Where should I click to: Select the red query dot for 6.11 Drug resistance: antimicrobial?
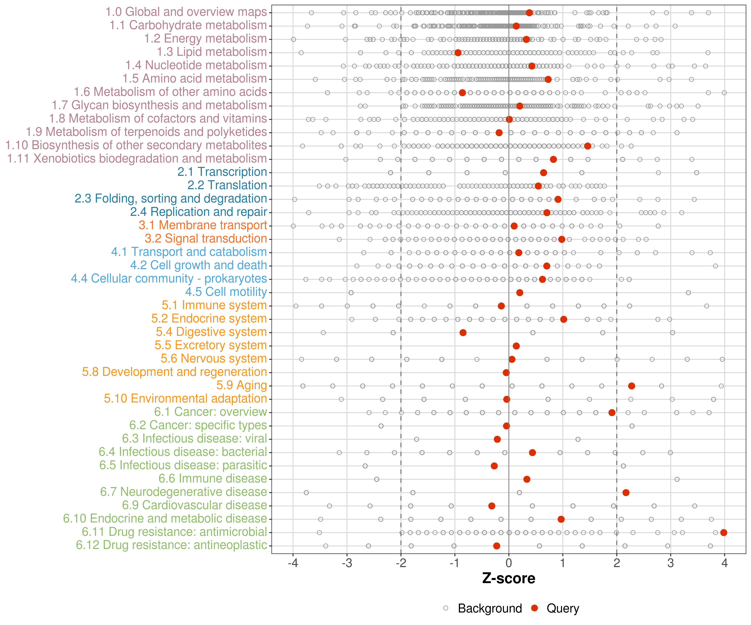click(724, 532)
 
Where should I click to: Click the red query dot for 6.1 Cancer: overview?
click(612, 412)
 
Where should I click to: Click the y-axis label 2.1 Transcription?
click(222, 172)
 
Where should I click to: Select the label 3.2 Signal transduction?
click(206, 239)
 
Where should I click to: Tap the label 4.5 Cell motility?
click(226, 292)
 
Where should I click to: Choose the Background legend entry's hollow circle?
click(446, 608)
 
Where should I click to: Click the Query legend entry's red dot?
click(535, 608)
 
